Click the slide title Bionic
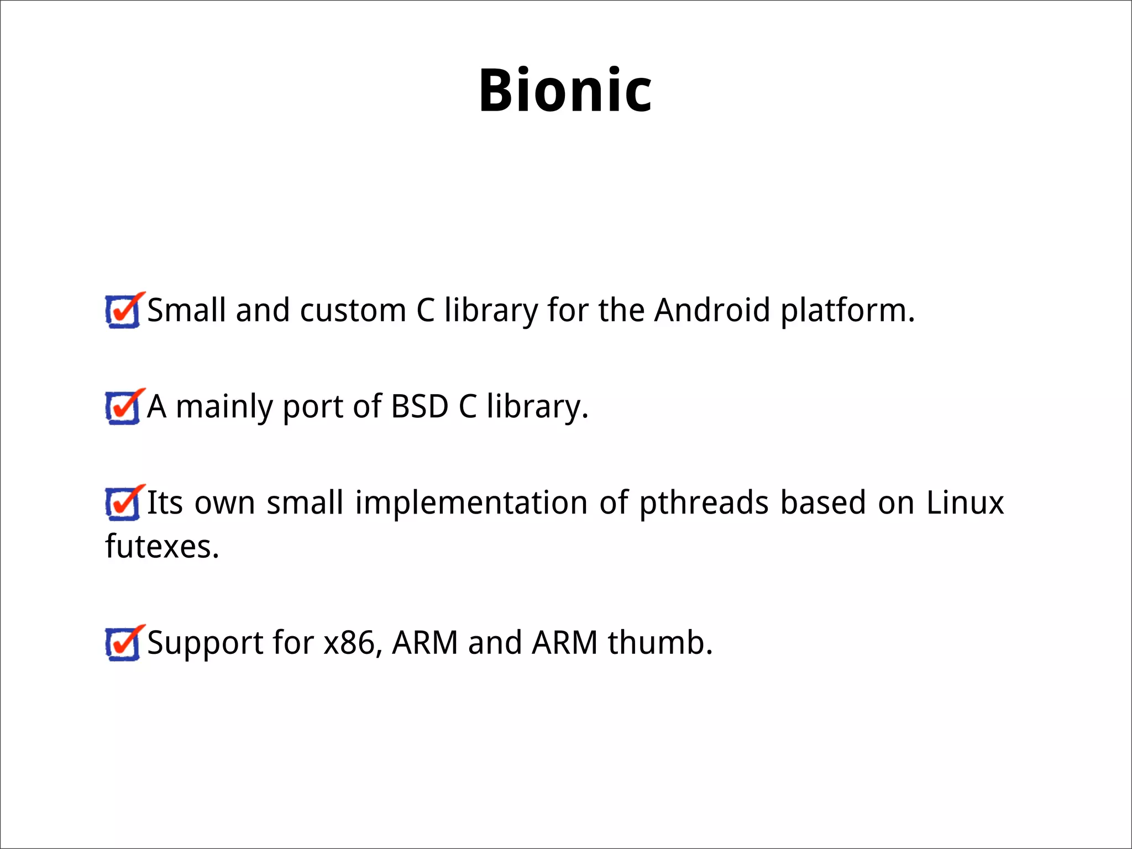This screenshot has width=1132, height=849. click(x=565, y=90)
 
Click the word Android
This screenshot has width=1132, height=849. click(x=712, y=310)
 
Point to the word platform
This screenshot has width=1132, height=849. click(x=847, y=311)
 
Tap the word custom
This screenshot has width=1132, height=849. click(x=353, y=310)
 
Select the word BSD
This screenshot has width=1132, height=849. click(x=420, y=407)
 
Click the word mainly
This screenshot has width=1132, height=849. click(x=224, y=408)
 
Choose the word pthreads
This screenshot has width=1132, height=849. click(x=704, y=504)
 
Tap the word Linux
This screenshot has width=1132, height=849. click(x=965, y=503)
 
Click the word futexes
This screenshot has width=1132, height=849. click(x=162, y=547)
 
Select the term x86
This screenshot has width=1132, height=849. click(x=352, y=643)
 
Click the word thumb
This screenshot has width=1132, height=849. click(x=660, y=643)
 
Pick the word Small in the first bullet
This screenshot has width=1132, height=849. click(x=186, y=310)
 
